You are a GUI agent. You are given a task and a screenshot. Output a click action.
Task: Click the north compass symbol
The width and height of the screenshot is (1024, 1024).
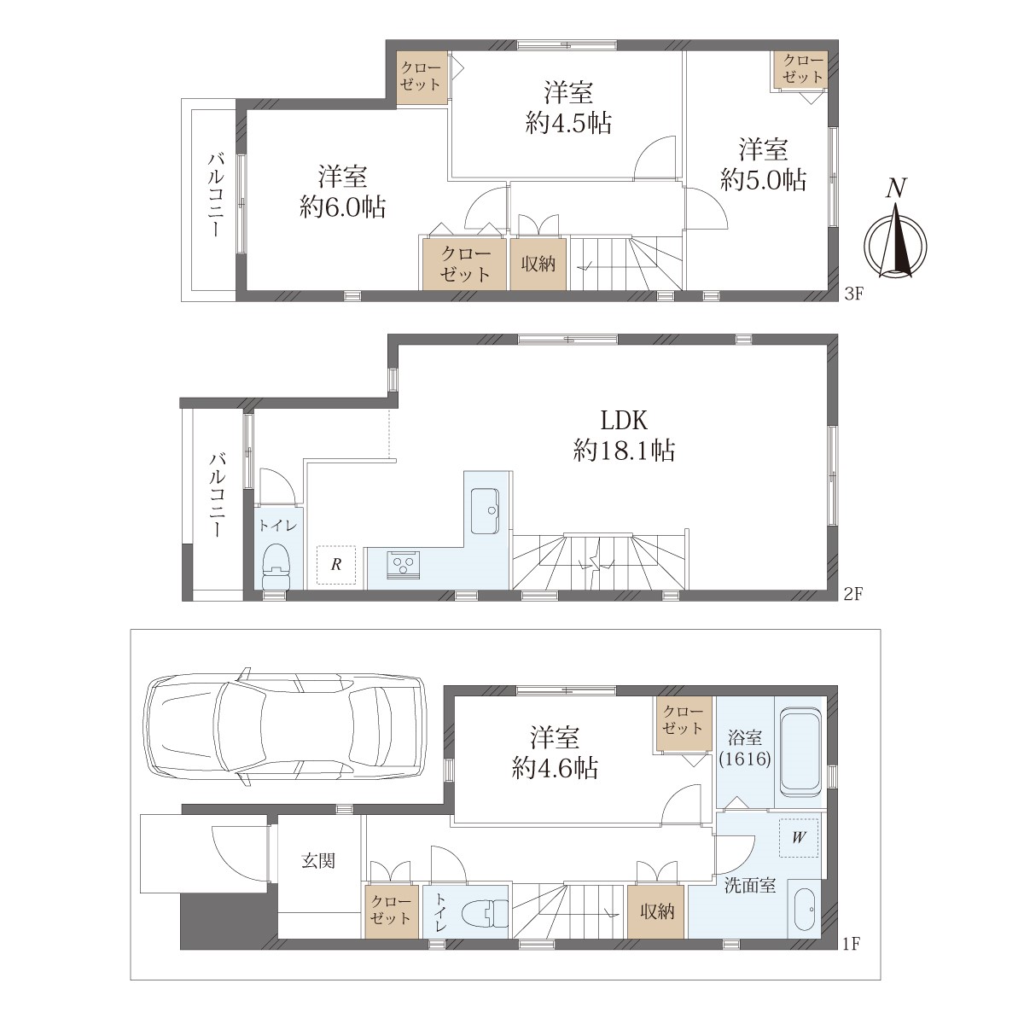(895, 234)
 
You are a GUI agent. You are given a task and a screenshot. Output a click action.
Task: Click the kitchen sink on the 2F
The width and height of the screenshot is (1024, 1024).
(485, 510)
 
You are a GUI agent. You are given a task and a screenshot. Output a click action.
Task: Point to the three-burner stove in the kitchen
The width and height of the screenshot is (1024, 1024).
(404, 563)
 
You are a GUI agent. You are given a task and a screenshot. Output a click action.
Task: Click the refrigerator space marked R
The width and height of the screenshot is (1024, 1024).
(336, 565)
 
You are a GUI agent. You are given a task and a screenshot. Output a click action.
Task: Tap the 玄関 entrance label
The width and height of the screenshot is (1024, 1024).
(318, 861)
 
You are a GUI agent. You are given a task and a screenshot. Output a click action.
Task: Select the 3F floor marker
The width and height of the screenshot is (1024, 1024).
(853, 294)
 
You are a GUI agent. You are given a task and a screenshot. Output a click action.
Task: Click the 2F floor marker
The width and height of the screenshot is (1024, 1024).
(853, 594)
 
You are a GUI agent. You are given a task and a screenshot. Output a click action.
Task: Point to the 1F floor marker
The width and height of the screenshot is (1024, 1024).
(853, 944)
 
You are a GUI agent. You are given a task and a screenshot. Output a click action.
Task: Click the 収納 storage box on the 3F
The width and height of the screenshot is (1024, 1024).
(538, 265)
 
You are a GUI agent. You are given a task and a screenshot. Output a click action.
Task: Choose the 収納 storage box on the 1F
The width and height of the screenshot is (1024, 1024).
(657, 912)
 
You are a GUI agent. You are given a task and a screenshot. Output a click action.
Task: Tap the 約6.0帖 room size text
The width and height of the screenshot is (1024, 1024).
(343, 207)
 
